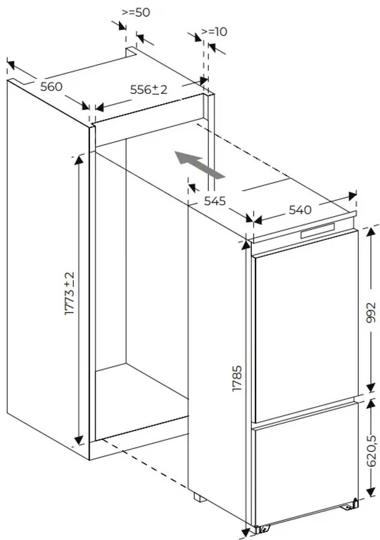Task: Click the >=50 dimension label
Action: (x=136, y=13)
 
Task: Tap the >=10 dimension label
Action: (x=214, y=32)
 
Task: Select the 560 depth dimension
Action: (x=51, y=87)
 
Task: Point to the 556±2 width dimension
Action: (x=149, y=90)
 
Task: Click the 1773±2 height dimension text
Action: (x=70, y=293)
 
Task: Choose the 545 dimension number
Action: (x=215, y=201)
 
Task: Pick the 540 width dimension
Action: (x=300, y=210)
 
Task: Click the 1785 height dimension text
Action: (x=237, y=379)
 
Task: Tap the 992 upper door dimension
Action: (x=371, y=313)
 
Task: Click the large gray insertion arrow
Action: (x=200, y=165)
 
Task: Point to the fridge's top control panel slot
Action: (x=318, y=231)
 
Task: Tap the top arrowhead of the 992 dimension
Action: (x=370, y=232)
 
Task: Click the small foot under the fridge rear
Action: (x=200, y=497)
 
